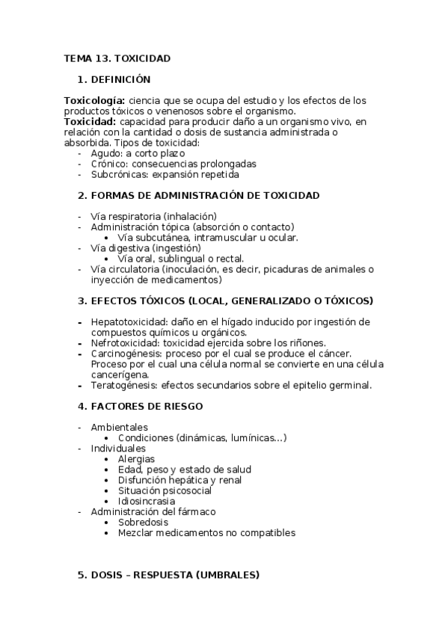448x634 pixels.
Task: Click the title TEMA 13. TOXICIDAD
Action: pos(117,58)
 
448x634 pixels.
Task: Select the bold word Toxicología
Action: pos(94,100)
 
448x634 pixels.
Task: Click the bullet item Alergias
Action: pos(136,458)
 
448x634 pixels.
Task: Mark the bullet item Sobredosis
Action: pos(143,522)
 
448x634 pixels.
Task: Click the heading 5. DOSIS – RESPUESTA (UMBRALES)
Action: pos(175,575)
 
